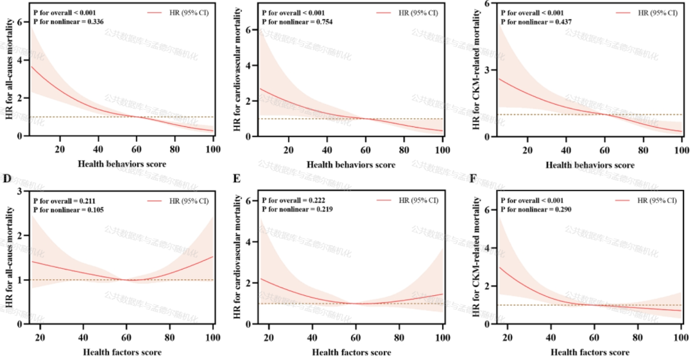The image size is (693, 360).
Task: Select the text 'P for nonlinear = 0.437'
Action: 536,22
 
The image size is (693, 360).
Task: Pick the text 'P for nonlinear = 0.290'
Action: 536,210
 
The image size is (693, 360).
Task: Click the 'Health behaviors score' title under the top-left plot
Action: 122,164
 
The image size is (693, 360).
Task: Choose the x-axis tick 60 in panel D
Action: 126,336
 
